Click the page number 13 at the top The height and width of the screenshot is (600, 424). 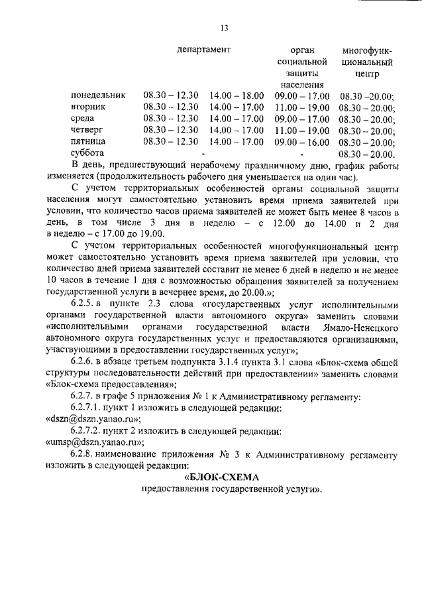pos(224,27)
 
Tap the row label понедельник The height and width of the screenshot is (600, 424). pos(98,95)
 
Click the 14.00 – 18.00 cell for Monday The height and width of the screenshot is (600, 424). pos(236,95)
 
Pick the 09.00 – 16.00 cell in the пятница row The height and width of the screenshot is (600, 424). pos(301,141)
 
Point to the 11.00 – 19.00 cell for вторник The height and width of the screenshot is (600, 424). pos(301,107)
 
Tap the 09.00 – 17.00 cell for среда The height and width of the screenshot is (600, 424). pos(301,119)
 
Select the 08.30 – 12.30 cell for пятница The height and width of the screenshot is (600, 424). pos(170,141)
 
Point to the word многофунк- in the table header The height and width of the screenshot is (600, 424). pos(366,50)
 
